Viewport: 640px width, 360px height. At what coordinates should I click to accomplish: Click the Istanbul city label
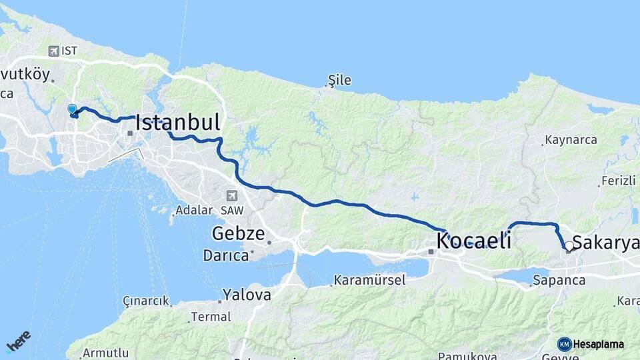coord(177,122)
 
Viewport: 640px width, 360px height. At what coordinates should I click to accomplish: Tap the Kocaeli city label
coord(474,241)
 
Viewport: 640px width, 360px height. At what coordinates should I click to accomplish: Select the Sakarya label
coord(605,243)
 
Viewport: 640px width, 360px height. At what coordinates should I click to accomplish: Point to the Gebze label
coord(239,234)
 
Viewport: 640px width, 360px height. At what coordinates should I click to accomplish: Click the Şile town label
coord(339,81)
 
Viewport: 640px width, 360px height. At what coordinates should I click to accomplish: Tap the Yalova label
coord(247,294)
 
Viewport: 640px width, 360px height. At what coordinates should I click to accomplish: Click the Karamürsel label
coord(369,280)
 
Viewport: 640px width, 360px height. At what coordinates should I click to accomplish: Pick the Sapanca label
coord(559,281)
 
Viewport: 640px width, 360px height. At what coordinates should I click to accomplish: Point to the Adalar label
coord(193,211)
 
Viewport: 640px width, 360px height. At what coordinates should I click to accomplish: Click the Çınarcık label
coord(146,301)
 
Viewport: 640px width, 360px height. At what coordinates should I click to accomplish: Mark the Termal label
coord(211,317)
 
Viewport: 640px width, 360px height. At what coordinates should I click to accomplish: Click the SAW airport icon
coord(231,195)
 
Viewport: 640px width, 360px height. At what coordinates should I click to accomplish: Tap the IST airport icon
coord(54,51)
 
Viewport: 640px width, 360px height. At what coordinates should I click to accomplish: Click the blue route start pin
coord(72,109)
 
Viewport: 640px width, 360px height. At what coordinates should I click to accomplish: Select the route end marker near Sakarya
coord(568,249)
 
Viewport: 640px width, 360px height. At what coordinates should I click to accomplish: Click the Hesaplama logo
coord(591,344)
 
